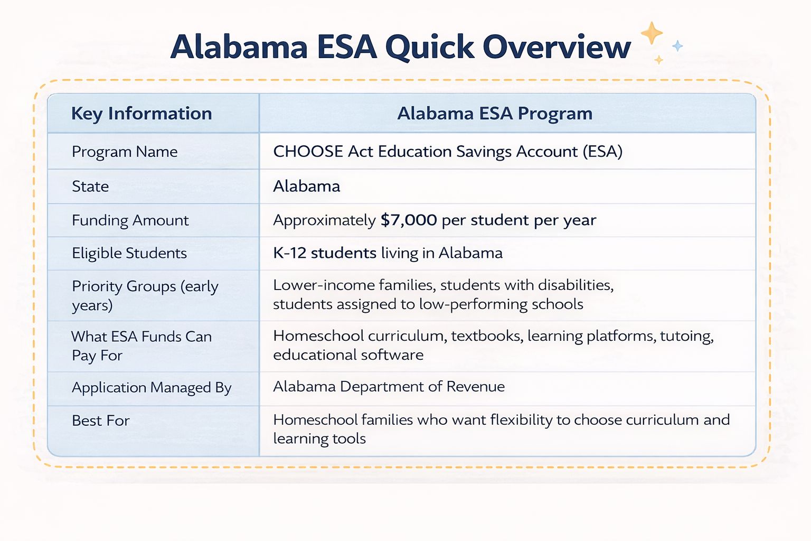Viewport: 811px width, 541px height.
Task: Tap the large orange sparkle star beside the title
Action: [652, 33]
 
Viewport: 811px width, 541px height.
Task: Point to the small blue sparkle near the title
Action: [677, 46]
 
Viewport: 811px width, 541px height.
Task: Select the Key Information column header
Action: [142, 114]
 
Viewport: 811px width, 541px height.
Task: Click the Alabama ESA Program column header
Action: [495, 114]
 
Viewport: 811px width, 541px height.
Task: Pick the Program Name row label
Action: [125, 152]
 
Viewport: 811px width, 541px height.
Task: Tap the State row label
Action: [90, 186]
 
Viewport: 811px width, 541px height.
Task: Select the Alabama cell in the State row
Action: [306, 186]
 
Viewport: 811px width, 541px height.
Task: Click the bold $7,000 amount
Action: [409, 220]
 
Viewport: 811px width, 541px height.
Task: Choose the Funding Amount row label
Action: [130, 220]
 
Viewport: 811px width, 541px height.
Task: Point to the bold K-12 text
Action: [289, 253]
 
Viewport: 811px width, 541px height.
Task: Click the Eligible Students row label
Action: [129, 253]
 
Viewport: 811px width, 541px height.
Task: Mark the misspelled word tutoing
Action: [686, 336]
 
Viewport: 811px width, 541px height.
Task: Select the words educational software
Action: [348, 355]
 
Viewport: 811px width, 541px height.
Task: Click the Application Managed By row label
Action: [152, 388]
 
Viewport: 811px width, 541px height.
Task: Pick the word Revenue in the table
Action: [475, 387]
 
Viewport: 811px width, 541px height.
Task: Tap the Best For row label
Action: [100, 421]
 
